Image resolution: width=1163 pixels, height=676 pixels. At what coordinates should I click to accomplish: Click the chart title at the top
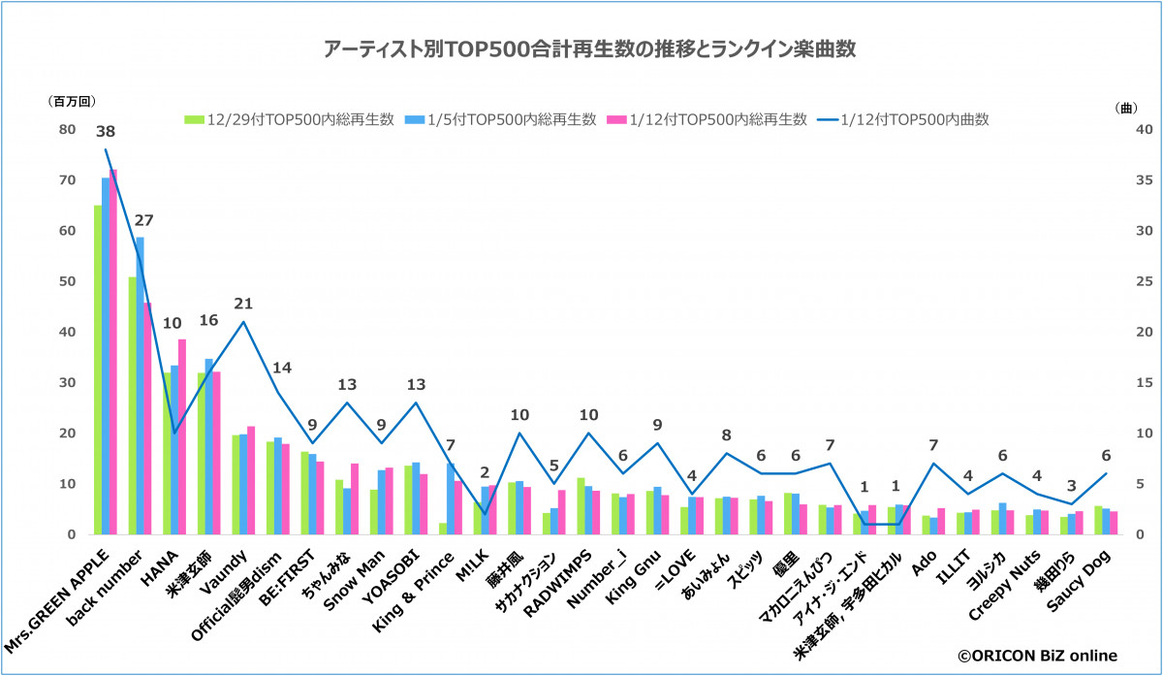[x=581, y=48]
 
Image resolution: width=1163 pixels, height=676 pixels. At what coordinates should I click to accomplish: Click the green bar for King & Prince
[x=442, y=529]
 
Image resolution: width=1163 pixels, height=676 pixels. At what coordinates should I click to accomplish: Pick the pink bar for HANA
[x=182, y=436]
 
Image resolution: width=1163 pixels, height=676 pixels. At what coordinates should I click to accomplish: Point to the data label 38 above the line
[x=107, y=130]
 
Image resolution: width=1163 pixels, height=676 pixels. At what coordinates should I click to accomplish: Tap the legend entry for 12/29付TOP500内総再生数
[x=291, y=119]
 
